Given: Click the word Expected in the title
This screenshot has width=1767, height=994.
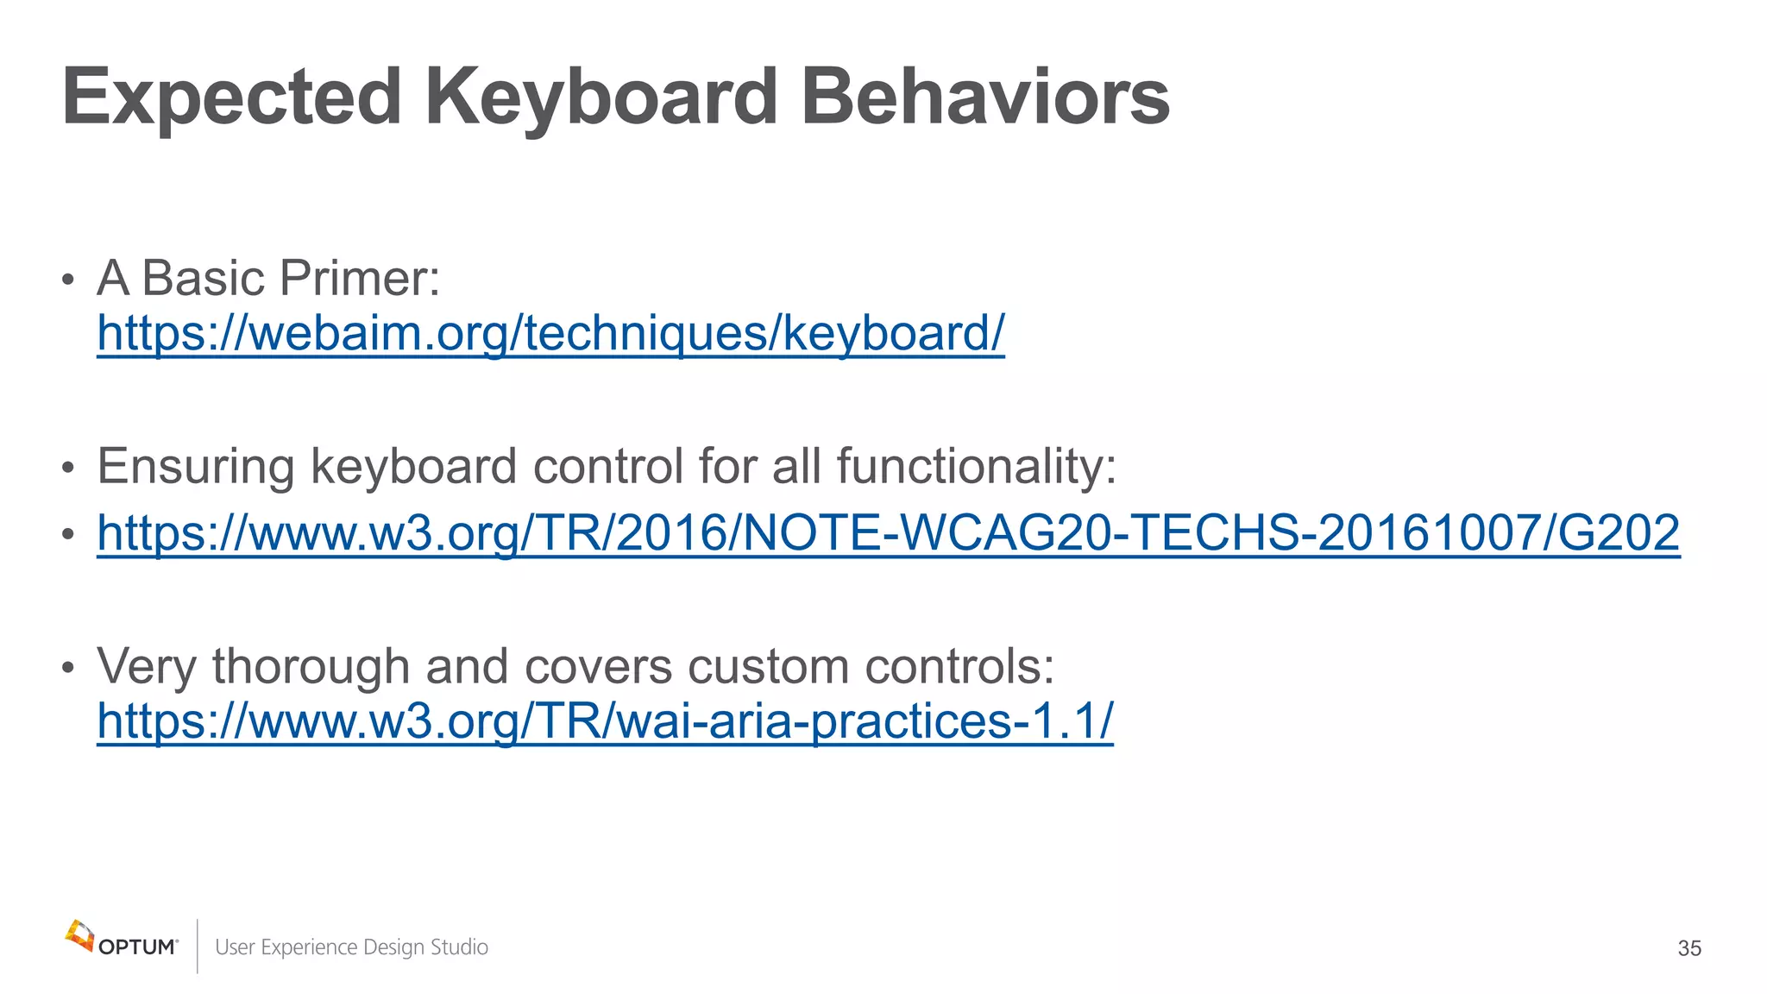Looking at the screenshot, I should click(231, 97).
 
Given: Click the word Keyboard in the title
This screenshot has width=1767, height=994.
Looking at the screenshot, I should click(601, 97).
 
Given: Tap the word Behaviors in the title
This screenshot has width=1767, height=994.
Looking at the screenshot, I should click(984, 97).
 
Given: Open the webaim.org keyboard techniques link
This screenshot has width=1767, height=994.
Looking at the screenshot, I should click(550, 334).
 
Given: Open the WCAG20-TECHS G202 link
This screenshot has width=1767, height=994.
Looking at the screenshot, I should click(888, 533).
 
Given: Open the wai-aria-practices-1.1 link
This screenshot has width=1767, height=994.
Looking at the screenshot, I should click(605, 721).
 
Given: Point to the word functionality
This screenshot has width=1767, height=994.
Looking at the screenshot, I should click(976, 468).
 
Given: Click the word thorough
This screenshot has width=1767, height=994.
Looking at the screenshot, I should click(311, 667).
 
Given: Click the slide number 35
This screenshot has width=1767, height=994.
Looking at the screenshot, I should click(1688, 948).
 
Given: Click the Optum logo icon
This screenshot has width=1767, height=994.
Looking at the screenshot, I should click(79, 935).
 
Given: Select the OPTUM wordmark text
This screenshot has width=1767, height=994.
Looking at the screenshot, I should click(137, 947).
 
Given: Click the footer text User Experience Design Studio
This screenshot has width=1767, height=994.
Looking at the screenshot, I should click(351, 947).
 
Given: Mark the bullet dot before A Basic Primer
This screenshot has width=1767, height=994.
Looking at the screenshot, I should click(68, 280).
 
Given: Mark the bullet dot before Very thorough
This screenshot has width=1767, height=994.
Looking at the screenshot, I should click(68, 669).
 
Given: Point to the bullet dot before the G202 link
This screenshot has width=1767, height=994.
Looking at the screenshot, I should click(68, 535).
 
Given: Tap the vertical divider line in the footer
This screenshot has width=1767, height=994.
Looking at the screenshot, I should click(198, 946).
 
